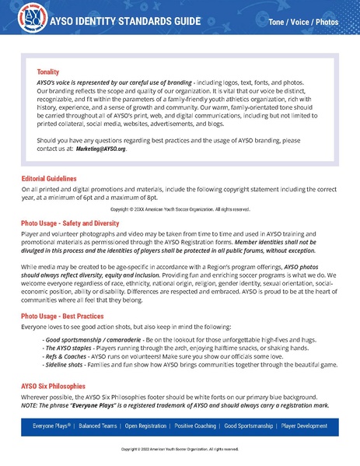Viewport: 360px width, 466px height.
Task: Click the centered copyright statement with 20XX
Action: pyautogui.click(x=180, y=209)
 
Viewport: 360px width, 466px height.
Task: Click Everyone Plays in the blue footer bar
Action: pyautogui.click(x=51, y=426)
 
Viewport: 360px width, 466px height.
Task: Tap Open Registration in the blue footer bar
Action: pyautogui.click(x=149, y=426)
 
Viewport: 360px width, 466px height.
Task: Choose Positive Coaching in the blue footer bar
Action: pyautogui.click(x=205, y=426)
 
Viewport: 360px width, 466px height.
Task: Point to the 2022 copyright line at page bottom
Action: pyautogui.click(x=180, y=450)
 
